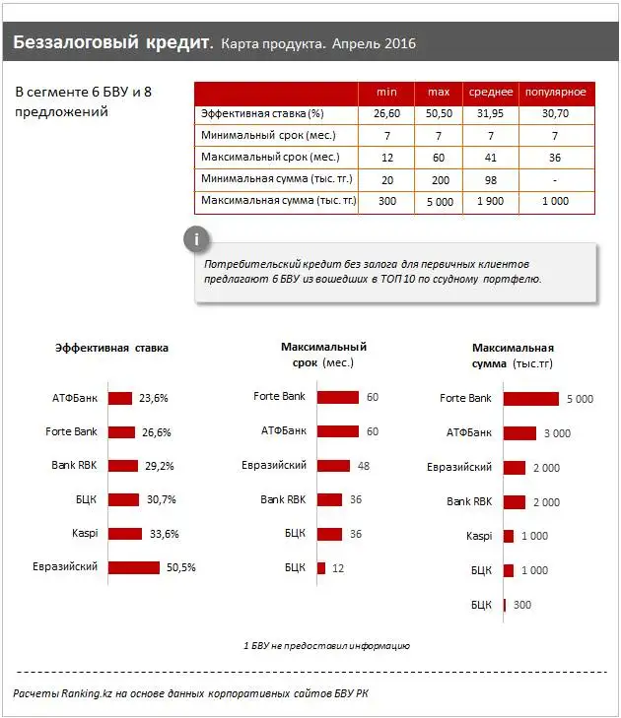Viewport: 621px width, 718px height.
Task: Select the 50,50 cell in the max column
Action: coord(439,114)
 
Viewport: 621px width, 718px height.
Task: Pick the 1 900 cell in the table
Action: coord(490,201)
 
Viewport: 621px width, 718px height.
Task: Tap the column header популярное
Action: coord(555,92)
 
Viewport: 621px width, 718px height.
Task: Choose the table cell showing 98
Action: coord(490,179)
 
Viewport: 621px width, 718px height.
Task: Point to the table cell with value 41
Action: coord(490,158)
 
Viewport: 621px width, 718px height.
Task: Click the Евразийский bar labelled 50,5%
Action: coord(133,567)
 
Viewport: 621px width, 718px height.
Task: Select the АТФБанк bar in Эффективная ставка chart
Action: coord(119,399)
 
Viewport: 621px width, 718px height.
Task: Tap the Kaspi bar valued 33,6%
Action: coord(124,534)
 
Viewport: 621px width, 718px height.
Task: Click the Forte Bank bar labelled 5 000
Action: coord(530,399)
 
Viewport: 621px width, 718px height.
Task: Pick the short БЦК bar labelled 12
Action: coord(321,567)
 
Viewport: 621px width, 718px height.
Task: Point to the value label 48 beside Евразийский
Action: coord(363,466)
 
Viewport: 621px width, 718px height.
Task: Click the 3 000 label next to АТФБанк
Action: coord(556,432)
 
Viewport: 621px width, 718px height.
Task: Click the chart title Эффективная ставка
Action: coord(111,348)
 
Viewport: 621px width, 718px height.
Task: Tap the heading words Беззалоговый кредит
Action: coord(112,44)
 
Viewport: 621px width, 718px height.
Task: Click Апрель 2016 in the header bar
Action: coord(374,45)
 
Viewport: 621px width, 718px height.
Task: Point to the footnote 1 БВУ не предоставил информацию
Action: coord(326,646)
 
